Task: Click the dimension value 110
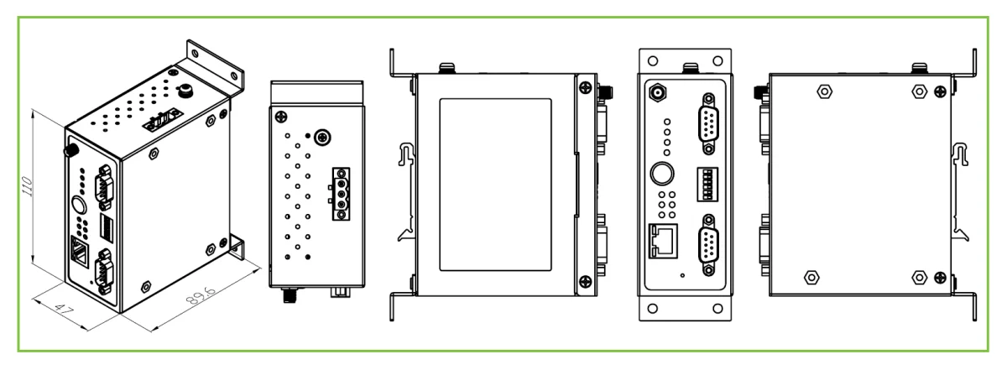28,186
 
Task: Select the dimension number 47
65,309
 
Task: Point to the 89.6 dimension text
201,294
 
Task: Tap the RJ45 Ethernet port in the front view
663,241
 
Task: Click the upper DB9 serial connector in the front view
708,123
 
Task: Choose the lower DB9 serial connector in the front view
708,245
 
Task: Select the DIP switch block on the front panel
707,185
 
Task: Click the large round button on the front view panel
662,174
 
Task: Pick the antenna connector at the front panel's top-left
658,93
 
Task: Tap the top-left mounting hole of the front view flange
653,60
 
